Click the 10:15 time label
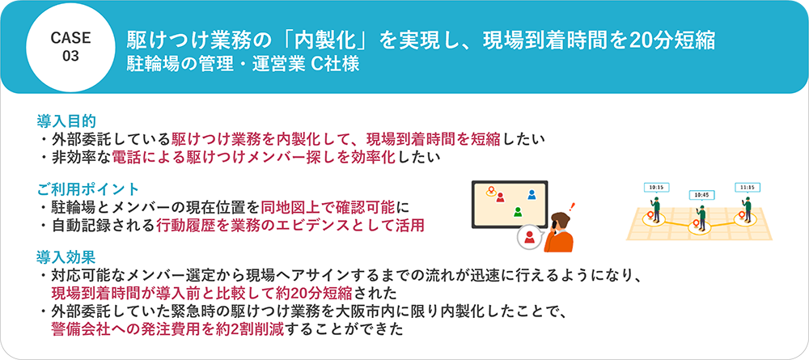(656, 187)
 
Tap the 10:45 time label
(701, 195)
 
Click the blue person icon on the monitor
(531, 195)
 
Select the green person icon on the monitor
(515, 211)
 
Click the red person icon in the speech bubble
(529, 238)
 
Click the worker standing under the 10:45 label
(701, 215)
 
